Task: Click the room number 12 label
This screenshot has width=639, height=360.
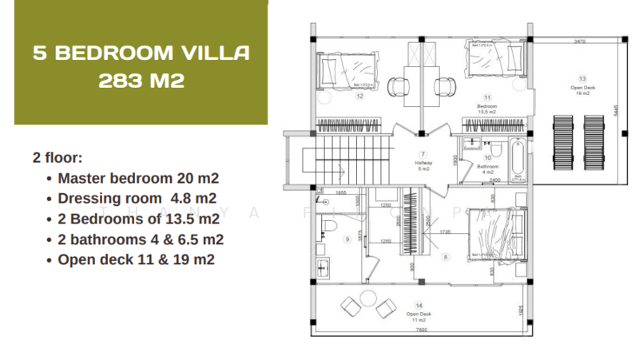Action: point(360,97)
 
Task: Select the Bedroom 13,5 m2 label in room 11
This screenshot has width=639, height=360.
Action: point(486,109)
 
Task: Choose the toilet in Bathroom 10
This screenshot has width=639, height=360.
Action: point(493,151)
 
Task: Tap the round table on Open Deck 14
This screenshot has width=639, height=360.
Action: point(367,299)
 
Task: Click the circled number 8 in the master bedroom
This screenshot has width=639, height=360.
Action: point(445,256)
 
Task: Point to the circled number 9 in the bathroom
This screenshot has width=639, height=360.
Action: point(347,238)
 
